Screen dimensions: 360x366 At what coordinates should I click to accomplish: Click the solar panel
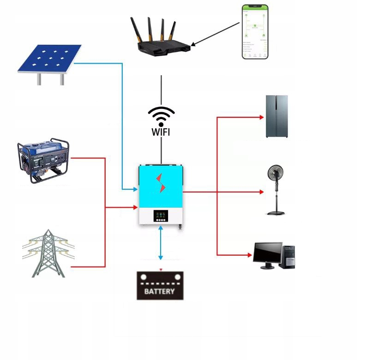pos(49,59)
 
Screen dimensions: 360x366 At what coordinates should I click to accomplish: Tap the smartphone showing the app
pos(255,32)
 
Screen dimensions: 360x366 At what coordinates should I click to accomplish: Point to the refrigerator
pos(277,117)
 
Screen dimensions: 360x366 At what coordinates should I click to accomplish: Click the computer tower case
pos(289,256)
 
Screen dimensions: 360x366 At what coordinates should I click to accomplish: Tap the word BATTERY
pos(160,291)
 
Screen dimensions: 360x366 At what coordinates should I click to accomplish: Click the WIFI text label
pos(161,132)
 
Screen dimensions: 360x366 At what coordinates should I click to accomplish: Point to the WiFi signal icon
pos(161,115)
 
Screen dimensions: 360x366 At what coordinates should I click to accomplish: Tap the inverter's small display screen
pos(160,215)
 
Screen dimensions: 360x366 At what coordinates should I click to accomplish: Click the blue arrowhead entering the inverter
pos(135,189)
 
